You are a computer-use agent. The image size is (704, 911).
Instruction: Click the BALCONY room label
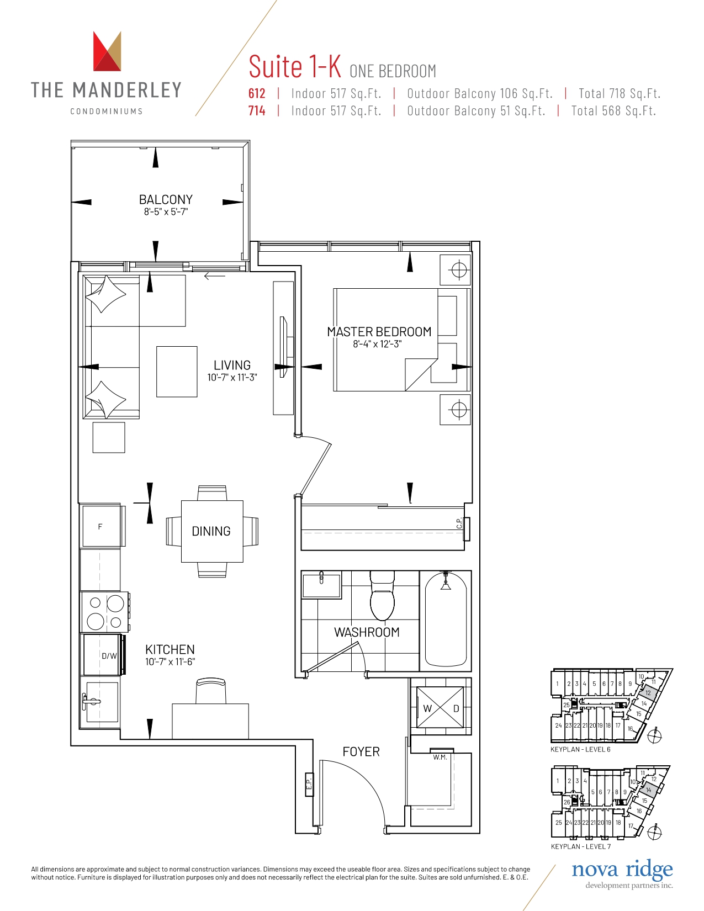(166, 199)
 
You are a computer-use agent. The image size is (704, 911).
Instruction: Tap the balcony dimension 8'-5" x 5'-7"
(166, 211)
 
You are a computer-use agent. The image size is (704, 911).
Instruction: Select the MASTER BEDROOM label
(379, 332)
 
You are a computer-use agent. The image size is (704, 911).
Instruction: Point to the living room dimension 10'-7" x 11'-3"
(232, 377)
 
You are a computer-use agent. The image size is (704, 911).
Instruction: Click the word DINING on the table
(211, 531)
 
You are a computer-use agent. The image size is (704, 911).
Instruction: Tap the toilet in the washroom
(383, 595)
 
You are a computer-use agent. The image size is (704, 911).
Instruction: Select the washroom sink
(321, 584)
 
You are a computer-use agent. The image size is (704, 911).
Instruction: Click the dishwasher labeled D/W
(102, 655)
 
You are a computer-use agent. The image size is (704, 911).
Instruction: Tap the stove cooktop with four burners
(104, 612)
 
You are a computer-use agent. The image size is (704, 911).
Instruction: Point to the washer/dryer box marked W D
(440, 708)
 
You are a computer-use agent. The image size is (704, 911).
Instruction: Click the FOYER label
(361, 751)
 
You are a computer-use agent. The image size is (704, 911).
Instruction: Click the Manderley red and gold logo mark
(107, 51)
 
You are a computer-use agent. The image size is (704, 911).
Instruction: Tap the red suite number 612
(257, 93)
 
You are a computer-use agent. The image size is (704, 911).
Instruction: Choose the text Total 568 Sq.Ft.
(613, 110)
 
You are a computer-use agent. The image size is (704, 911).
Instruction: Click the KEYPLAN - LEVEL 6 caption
(580, 749)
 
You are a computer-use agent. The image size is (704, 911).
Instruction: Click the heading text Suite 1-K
(295, 66)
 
